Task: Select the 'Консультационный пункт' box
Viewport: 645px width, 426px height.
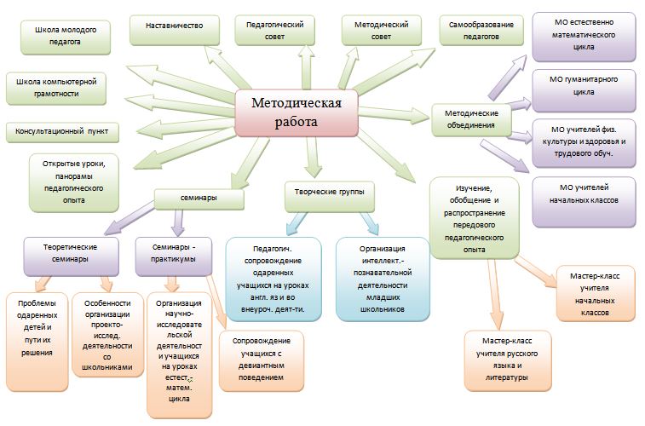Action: pos(61,132)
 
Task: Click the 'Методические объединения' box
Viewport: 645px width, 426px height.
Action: pos(471,120)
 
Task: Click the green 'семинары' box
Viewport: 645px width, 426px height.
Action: pos(199,198)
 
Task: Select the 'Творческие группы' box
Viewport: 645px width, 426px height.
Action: pos(328,194)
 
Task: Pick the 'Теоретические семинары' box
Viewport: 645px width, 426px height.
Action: pos(70,253)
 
